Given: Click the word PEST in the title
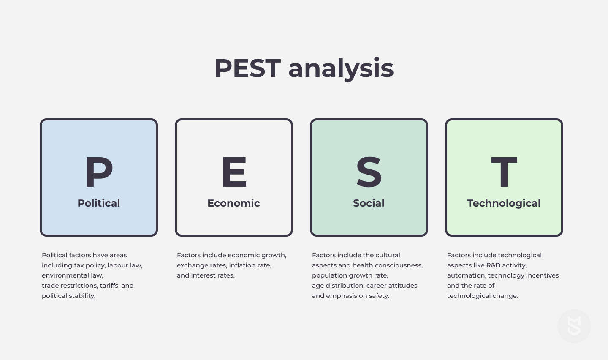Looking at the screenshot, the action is pyautogui.click(x=247, y=68).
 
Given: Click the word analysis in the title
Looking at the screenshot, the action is pyautogui.click(x=341, y=69).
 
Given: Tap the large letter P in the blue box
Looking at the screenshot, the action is pyautogui.click(x=99, y=172).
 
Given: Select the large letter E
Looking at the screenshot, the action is pyautogui.click(x=234, y=172).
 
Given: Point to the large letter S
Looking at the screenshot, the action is pyautogui.click(x=369, y=172).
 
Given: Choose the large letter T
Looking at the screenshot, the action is pyautogui.click(x=504, y=172).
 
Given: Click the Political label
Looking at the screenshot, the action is pyautogui.click(x=99, y=203).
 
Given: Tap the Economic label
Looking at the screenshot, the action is pyautogui.click(x=234, y=203).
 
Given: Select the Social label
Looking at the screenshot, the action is pyautogui.click(x=369, y=203).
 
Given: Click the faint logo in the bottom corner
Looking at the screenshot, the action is pyautogui.click(x=574, y=326).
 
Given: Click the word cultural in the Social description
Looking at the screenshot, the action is pyautogui.click(x=388, y=255).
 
